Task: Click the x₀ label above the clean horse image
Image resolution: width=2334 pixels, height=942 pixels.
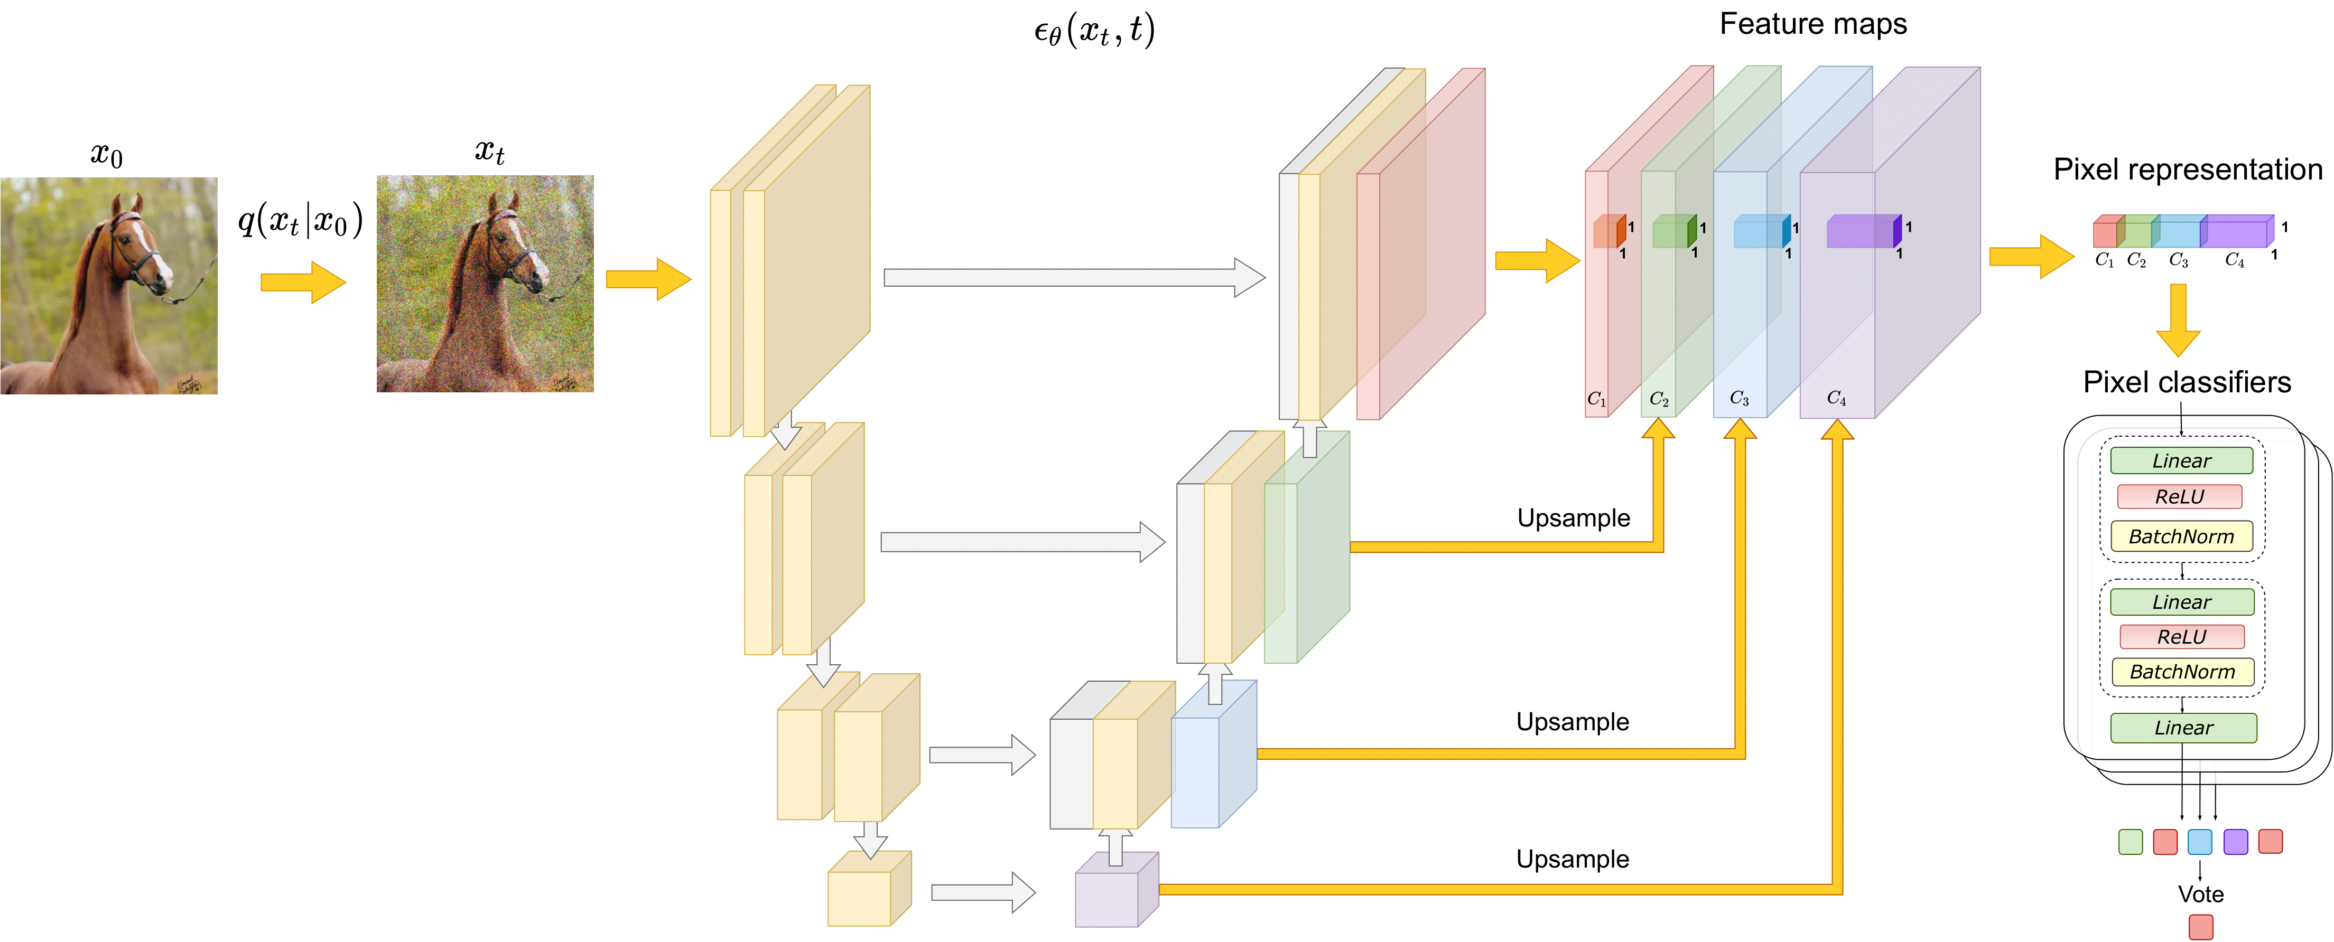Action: (106, 155)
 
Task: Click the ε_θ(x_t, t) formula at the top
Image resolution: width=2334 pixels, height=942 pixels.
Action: (1094, 31)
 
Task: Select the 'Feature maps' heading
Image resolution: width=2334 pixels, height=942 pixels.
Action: (1813, 24)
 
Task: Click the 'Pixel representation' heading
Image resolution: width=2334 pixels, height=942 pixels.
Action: (2187, 169)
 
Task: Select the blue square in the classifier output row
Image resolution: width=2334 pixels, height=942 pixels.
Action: (2200, 842)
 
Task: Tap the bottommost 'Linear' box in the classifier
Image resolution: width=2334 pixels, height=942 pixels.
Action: (2183, 727)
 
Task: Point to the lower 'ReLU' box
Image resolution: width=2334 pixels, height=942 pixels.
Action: (2182, 637)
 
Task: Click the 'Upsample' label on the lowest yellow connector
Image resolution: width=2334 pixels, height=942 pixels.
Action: (1573, 859)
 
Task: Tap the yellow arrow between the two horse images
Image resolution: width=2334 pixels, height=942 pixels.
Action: (303, 281)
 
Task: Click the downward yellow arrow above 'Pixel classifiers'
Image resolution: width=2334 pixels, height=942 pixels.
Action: (2178, 321)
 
